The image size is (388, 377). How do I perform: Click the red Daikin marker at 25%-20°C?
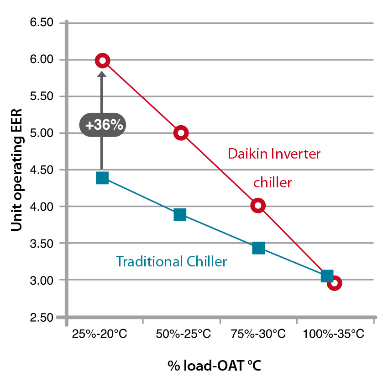tap(102, 60)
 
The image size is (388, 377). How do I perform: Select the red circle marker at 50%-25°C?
tap(181, 133)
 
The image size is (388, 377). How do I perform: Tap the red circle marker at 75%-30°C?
tap(258, 206)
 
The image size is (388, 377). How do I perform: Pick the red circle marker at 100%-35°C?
tap(335, 283)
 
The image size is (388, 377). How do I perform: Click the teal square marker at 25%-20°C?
tap(102, 178)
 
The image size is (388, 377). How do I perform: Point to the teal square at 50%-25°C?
tap(180, 214)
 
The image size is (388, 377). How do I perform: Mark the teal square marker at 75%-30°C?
tap(258, 248)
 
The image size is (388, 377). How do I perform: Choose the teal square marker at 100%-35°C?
tap(327, 276)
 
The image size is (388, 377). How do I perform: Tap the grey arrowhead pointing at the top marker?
tap(102, 74)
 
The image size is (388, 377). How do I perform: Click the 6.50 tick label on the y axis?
tap(42, 23)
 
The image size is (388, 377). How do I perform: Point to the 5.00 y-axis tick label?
tap(42, 133)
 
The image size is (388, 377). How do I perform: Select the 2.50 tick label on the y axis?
tap(42, 317)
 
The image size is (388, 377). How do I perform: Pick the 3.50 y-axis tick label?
tap(42, 243)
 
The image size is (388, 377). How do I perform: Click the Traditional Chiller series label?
tap(171, 262)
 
